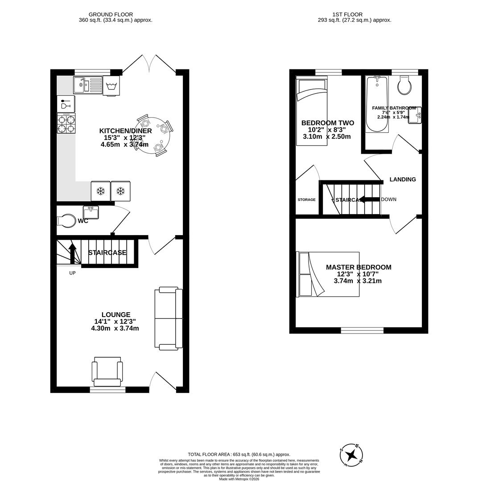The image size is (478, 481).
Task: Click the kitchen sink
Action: (x=88, y=85)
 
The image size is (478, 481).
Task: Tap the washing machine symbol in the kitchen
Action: (x=111, y=86)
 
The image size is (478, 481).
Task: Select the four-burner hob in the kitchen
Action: (x=66, y=123)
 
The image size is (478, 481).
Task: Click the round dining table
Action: (x=153, y=135)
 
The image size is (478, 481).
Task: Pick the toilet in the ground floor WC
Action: (x=66, y=221)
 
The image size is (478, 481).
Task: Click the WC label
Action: (x=83, y=221)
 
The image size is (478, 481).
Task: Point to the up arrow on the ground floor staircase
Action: (x=72, y=253)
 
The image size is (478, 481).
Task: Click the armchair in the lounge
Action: (x=107, y=371)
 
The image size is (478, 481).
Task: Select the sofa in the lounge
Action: (x=169, y=318)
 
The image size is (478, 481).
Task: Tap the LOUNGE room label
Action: (x=115, y=314)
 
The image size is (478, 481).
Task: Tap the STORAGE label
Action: (x=306, y=200)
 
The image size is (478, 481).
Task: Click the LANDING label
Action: (x=403, y=179)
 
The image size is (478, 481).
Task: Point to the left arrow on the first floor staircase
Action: (x=368, y=199)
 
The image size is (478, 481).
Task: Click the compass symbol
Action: (x=351, y=455)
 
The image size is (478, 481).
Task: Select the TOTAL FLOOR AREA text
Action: (x=239, y=454)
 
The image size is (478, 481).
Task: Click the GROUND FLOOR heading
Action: (x=111, y=15)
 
